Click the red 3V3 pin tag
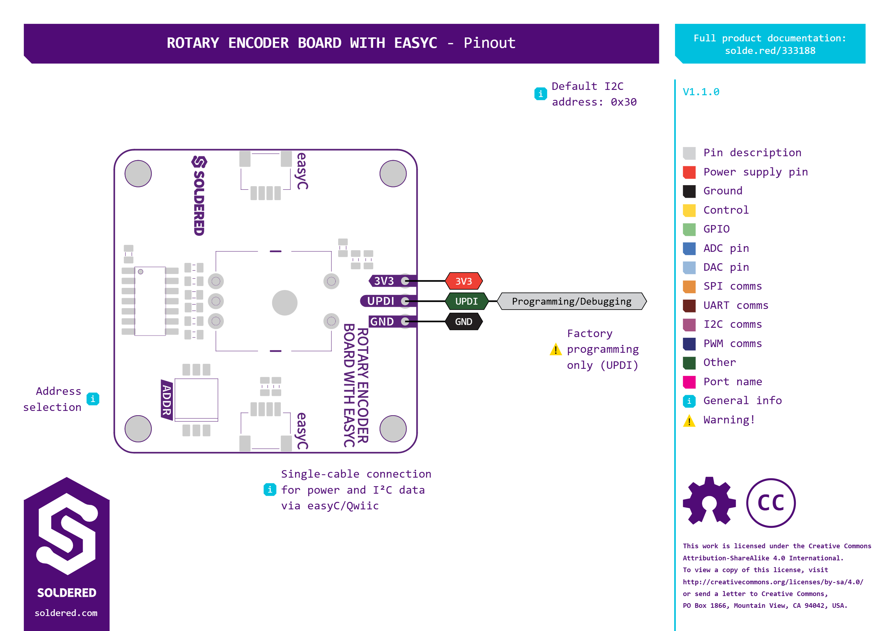(x=464, y=281)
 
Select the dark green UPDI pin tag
(x=466, y=301)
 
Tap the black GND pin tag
(x=464, y=322)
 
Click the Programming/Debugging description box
(x=571, y=301)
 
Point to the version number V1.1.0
(x=701, y=92)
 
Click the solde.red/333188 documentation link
(x=770, y=51)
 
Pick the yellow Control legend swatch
(x=689, y=210)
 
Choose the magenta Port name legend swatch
(x=689, y=382)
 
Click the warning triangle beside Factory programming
(x=556, y=349)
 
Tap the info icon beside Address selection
(x=93, y=399)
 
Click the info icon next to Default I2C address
(x=540, y=94)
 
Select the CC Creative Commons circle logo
(x=771, y=503)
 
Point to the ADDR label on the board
(x=166, y=400)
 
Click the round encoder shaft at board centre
(x=284, y=303)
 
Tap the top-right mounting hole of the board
(x=393, y=174)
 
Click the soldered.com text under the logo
(x=66, y=613)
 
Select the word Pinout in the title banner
(x=489, y=43)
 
